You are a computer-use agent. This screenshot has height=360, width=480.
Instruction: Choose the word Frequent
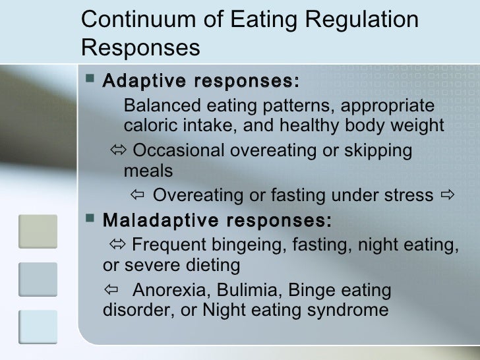169,246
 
